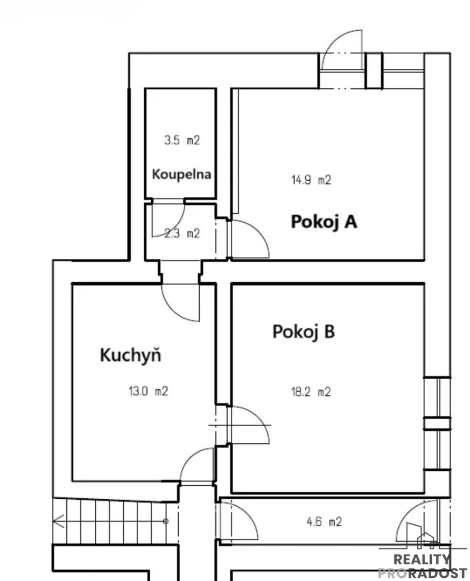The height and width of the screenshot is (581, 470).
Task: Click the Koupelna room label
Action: click(x=181, y=174)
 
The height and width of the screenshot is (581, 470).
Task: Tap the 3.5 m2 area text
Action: click(x=182, y=140)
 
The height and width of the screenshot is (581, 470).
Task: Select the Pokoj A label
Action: click(x=324, y=222)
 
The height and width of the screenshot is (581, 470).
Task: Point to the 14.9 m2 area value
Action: click(x=311, y=180)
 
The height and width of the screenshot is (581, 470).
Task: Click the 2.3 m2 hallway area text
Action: click(x=182, y=233)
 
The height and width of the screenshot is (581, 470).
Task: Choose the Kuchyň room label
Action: click(x=131, y=355)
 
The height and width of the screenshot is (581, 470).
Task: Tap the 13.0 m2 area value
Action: click(x=148, y=391)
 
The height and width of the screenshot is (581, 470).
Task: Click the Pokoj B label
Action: click(x=304, y=331)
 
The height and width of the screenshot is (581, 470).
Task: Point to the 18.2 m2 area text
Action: click(x=311, y=392)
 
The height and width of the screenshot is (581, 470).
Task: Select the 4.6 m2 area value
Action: click(x=324, y=522)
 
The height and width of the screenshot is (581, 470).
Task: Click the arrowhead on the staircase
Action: click(x=58, y=521)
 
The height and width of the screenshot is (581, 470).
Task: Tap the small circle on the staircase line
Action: click(x=166, y=521)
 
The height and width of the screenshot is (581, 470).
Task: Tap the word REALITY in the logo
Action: click(x=422, y=559)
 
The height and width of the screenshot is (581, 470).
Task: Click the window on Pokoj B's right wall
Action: click(x=438, y=423)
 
